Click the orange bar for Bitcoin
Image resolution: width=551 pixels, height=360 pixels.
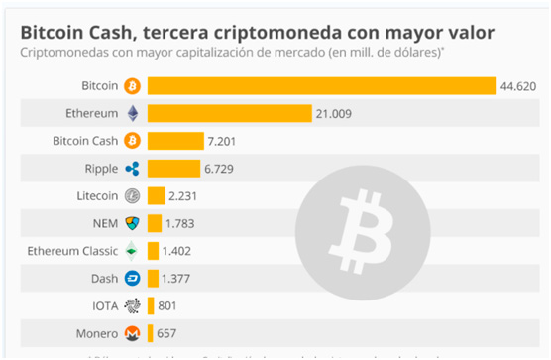coord(321,86)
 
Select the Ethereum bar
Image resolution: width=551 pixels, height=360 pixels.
coord(229,114)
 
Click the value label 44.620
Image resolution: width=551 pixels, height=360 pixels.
coord(521,86)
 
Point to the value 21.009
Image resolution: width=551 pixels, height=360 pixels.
coord(337,114)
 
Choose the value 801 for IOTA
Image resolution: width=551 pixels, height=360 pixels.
coord(167,305)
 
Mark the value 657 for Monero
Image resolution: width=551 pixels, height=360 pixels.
coord(165,333)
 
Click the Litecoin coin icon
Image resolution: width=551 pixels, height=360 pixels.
coord(132,195)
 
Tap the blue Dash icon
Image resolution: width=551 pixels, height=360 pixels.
coord(132,278)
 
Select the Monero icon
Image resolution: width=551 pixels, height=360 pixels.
coord(132,333)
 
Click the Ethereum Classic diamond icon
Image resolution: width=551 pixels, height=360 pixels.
coord(132,251)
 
